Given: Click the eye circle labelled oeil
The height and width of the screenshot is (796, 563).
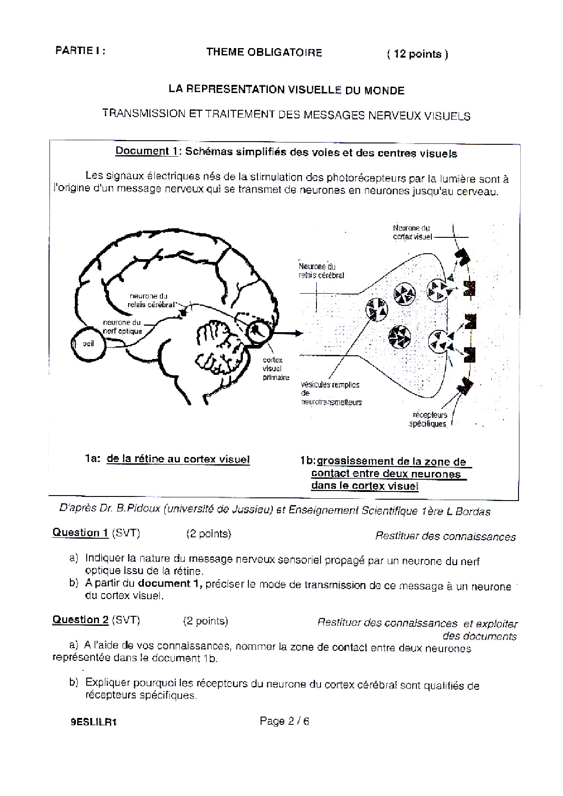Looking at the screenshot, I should (88, 344).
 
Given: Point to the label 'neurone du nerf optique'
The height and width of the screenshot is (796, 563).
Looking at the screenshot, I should (122, 327).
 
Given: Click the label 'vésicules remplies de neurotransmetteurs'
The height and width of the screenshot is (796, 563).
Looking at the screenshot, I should (331, 393).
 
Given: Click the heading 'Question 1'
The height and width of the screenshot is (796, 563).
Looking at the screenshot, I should (80, 532).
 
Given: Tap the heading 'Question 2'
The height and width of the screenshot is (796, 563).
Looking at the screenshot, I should (80, 619).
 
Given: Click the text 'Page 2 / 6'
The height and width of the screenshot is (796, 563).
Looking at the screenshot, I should (284, 721).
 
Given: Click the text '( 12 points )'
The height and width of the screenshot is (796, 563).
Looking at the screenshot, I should (417, 54).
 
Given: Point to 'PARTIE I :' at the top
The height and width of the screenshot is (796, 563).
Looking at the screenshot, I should (80, 51).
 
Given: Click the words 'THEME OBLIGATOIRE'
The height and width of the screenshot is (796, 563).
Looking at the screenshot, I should (264, 52).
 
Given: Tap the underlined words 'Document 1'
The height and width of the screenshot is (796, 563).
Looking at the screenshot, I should (146, 151).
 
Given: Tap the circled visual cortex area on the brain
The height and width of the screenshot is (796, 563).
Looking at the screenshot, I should (257, 331).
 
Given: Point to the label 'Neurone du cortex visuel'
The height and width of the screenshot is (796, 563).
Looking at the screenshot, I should (412, 232).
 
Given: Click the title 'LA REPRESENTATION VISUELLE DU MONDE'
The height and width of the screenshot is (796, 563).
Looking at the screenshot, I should (286, 90).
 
